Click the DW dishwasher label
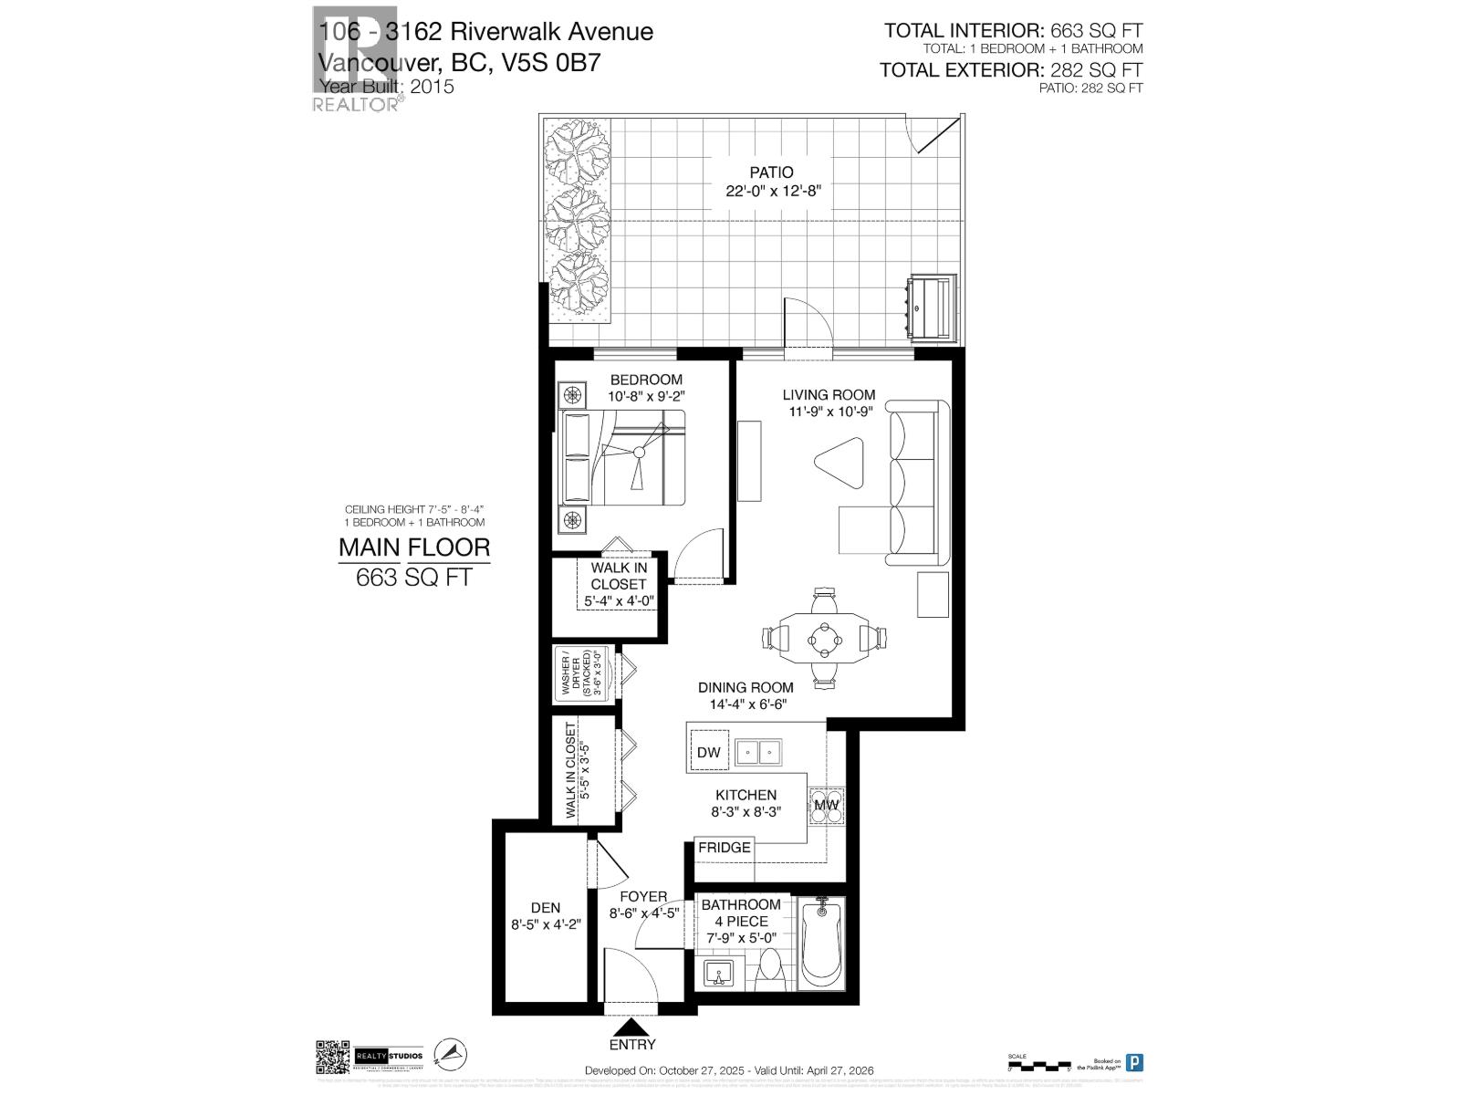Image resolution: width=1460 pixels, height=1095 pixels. [708, 753]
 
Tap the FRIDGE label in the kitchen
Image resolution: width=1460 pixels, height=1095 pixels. [724, 848]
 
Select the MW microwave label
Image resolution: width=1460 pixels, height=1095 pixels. [826, 805]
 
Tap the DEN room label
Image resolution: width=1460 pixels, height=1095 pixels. [546, 908]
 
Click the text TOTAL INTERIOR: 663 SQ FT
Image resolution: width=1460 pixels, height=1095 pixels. [1013, 31]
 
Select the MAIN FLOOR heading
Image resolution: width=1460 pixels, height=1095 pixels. [414, 547]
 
